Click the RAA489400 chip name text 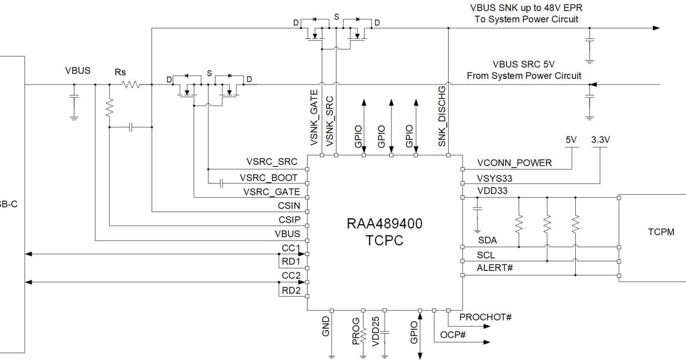tap(384, 224)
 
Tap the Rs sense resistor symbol tap(130, 85)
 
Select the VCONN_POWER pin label tap(514, 163)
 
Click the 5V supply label tap(571, 139)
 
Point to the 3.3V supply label tap(600, 139)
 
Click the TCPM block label tap(661, 232)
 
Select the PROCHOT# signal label tap(485, 317)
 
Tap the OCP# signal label tap(453, 335)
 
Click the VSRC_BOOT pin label tap(269, 178)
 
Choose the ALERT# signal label tap(494, 268)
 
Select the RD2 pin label tap(290, 290)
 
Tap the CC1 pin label tap(291, 248)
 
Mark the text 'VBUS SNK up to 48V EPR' tap(527, 8)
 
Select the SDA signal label tap(487, 241)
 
